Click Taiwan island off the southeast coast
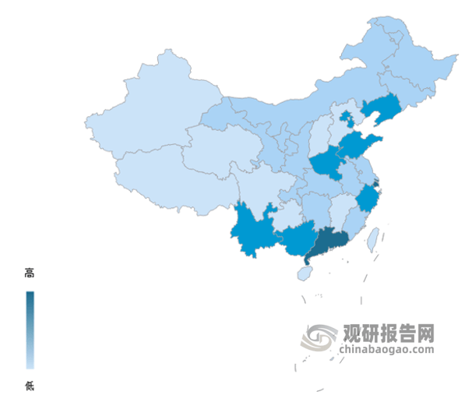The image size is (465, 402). coord(372,237)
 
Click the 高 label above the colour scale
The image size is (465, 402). coord(30,273)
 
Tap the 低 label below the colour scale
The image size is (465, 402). coord(30,385)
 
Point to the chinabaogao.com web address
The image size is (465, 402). coord(386,349)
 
